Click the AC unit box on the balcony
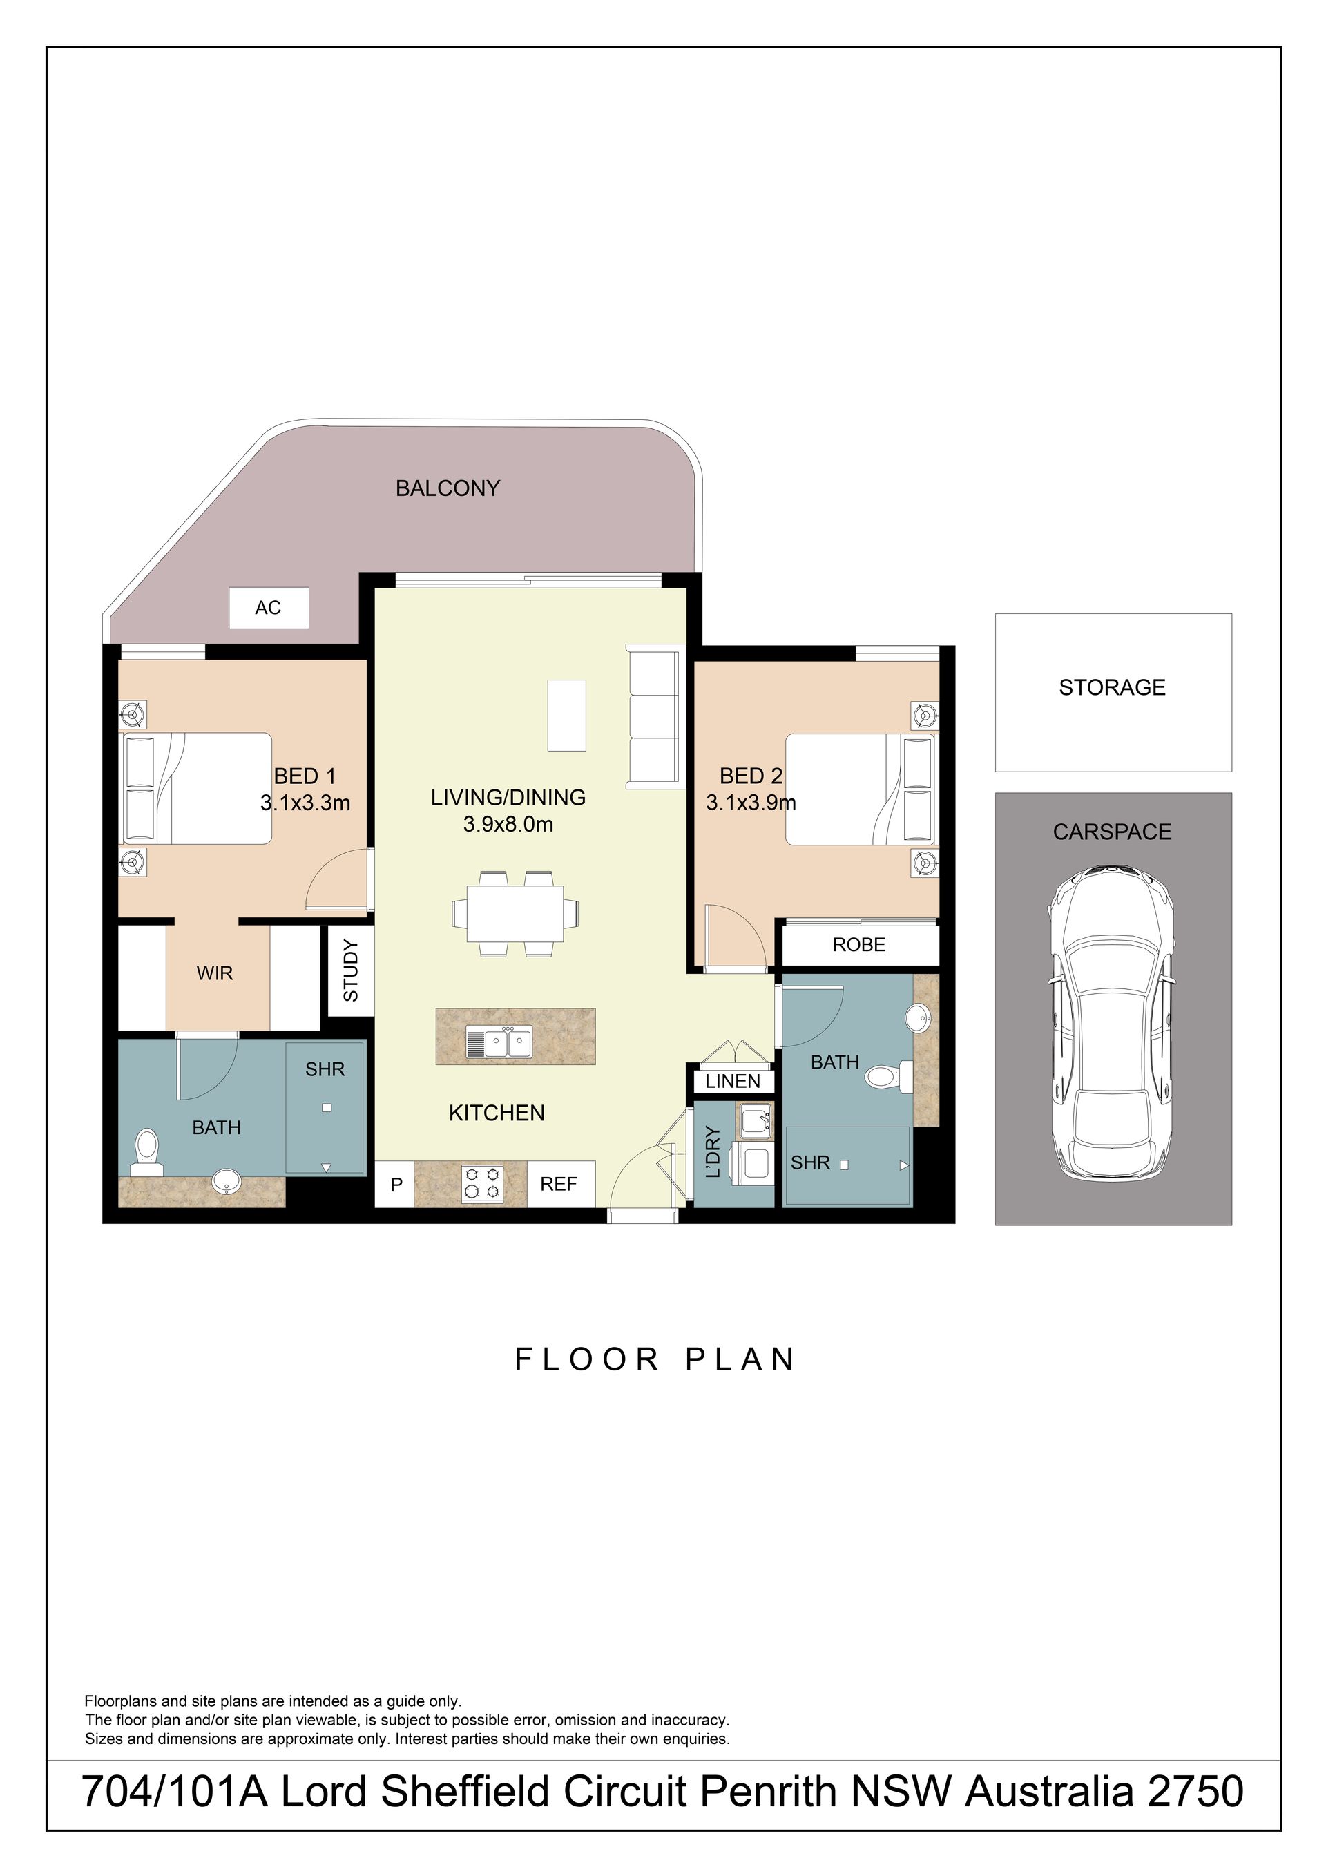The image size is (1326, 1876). point(269,608)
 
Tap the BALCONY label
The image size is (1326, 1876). point(448,488)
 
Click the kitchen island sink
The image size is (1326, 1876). point(499,1042)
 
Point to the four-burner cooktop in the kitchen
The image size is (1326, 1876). point(483,1184)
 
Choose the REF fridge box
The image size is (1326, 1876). point(559,1184)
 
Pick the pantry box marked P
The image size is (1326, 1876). point(396,1184)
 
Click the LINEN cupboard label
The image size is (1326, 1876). point(733,1081)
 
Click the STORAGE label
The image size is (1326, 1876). point(1112,688)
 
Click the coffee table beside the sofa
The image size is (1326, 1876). point(567,715)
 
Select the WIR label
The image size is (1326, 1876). point(215,973)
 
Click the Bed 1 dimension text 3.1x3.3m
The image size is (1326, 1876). point(305,803)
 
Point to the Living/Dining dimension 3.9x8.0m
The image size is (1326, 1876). point(508,825)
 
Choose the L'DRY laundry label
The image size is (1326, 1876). point(713,1152)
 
